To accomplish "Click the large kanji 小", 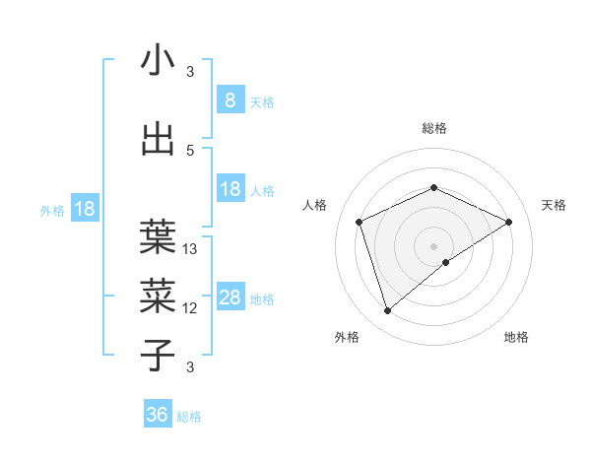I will pos(158,61).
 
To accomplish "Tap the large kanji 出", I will pos(158,139).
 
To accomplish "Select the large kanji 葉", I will pos(158,234).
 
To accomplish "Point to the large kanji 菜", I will pos(158,294).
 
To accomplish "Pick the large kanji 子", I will pos(158,354).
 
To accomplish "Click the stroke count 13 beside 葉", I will pos(190,249).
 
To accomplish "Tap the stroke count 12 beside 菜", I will pos(190,308).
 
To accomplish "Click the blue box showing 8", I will pos(230,100).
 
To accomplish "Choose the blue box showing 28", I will pos(230,298).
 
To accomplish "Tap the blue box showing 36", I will pos(158,415).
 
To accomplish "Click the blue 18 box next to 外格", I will pos(84,209).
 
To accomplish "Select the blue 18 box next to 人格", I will pos(230,190).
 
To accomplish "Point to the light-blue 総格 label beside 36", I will pos(189,417).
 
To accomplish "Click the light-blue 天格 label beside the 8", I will pos(261,102).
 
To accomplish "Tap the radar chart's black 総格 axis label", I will pos(433,128).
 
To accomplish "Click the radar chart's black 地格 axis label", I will pos(516,337).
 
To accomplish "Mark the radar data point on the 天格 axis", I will pos(508,222).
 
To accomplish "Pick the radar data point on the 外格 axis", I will pos(387,311).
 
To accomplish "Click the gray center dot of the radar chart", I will pos(433,246).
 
